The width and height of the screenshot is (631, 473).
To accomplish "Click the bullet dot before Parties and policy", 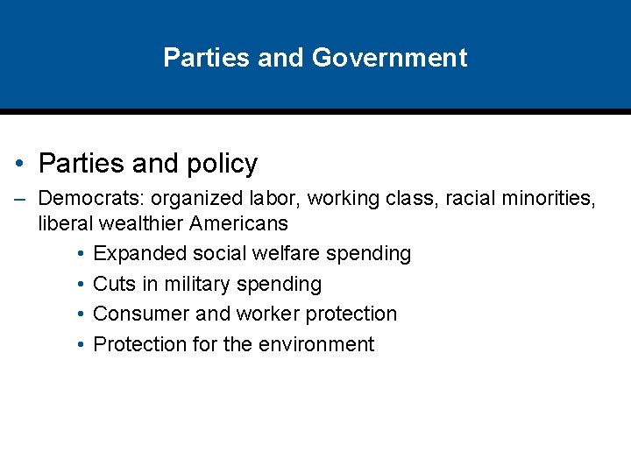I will pyautogui.click(x=19, y=164).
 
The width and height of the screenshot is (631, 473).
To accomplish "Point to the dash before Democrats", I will pyautogui.click(x=19, y=200).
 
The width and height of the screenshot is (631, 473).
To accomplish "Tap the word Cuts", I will pyautogui.click(x=113, y=285).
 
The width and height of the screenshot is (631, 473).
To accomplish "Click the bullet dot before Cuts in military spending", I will pyautogui.click(x=80, y=285).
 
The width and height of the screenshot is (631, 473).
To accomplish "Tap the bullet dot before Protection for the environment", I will pyautogui.click(x=80, y=345).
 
